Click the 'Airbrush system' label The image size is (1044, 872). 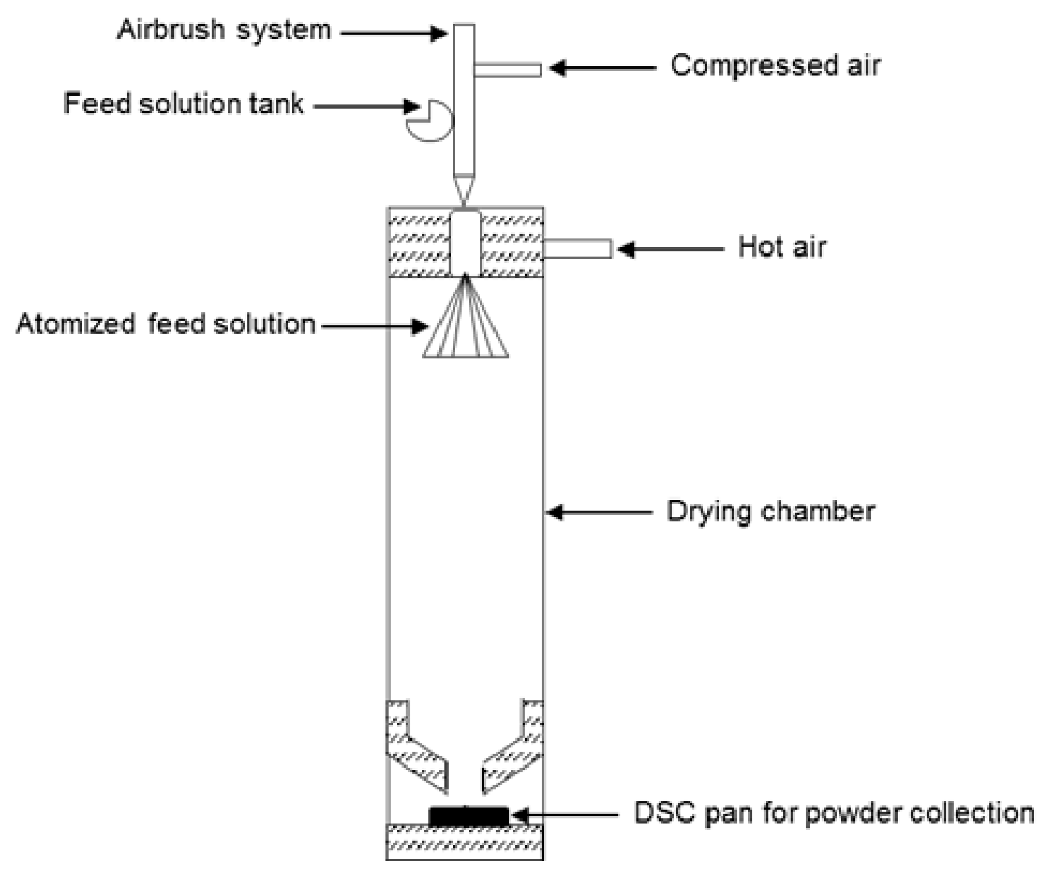point(224,30)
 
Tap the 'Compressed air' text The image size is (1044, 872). point(775,66)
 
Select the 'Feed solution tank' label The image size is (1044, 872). point(183,104)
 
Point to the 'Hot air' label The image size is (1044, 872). point(782,247)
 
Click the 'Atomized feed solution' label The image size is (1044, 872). point(165,324)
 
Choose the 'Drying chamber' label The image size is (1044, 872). point(770,512)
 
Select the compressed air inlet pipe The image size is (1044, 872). point(508,70)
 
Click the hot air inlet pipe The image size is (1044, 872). point(577,248)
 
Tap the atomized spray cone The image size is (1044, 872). point(466,328)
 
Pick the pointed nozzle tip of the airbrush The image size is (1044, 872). point(464,189)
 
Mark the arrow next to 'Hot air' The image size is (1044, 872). point(671,249)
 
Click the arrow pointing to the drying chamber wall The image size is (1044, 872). point(599,512)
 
